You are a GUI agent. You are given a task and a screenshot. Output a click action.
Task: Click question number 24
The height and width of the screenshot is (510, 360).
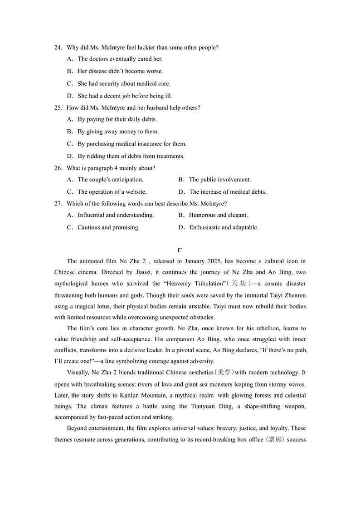coord(58,47)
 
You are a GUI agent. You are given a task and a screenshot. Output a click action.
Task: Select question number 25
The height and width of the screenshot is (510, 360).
coord(58,108)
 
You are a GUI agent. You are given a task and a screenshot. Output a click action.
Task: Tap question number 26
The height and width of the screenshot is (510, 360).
coord(58,168)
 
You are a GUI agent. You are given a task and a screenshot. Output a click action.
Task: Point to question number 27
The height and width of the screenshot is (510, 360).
coord(58,203)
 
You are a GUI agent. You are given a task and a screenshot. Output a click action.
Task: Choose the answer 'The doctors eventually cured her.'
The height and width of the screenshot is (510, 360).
coord(120,59)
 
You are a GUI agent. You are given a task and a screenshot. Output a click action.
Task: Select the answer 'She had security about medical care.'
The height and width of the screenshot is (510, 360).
coord(124,83)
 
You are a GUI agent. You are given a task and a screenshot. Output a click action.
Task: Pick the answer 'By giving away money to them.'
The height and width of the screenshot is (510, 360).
coord(118,132)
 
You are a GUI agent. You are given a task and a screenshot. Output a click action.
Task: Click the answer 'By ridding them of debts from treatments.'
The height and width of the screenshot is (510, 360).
coord(131,156)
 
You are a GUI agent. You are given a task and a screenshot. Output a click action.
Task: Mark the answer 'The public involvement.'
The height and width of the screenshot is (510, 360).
coord(220,179)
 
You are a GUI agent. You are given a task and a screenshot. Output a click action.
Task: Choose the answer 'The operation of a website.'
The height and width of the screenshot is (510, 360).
coord(112,191)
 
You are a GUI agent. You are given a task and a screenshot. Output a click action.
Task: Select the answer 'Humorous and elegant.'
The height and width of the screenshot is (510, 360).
coord(219,215)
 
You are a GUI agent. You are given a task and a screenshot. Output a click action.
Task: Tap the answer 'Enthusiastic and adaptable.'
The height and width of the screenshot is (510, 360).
coord(224,227)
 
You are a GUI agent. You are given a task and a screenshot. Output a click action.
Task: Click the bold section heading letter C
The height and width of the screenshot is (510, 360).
coord(180,250)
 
